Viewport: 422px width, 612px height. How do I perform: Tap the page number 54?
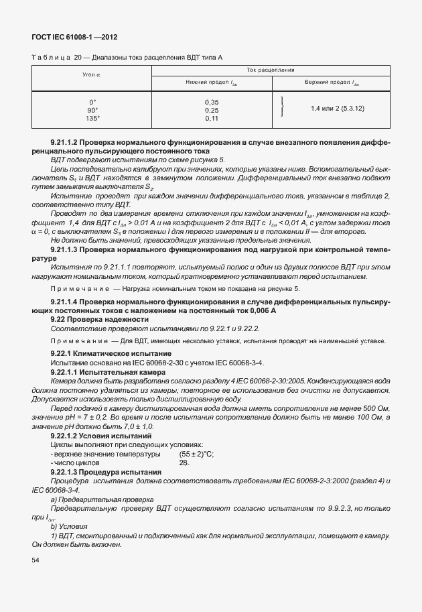point(35,559)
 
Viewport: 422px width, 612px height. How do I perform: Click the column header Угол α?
point(92,74)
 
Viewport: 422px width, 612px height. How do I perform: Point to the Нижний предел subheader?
point(212,82)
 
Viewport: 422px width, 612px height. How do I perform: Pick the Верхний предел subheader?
point(332,82)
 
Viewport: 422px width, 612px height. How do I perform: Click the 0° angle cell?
point(92,101)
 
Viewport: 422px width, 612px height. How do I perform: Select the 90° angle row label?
point(92,109)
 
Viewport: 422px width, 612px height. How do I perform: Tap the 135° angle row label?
point(92,118)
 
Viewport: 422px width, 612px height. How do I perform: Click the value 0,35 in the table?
point(212,101)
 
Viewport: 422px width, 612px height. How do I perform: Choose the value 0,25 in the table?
point(212,109)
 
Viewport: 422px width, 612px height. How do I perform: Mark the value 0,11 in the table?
point(212,118)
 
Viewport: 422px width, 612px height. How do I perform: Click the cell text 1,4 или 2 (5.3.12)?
point(337,107)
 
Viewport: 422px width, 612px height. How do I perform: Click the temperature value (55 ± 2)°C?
point(196,454)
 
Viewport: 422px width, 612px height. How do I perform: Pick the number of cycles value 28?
point(184,463)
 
